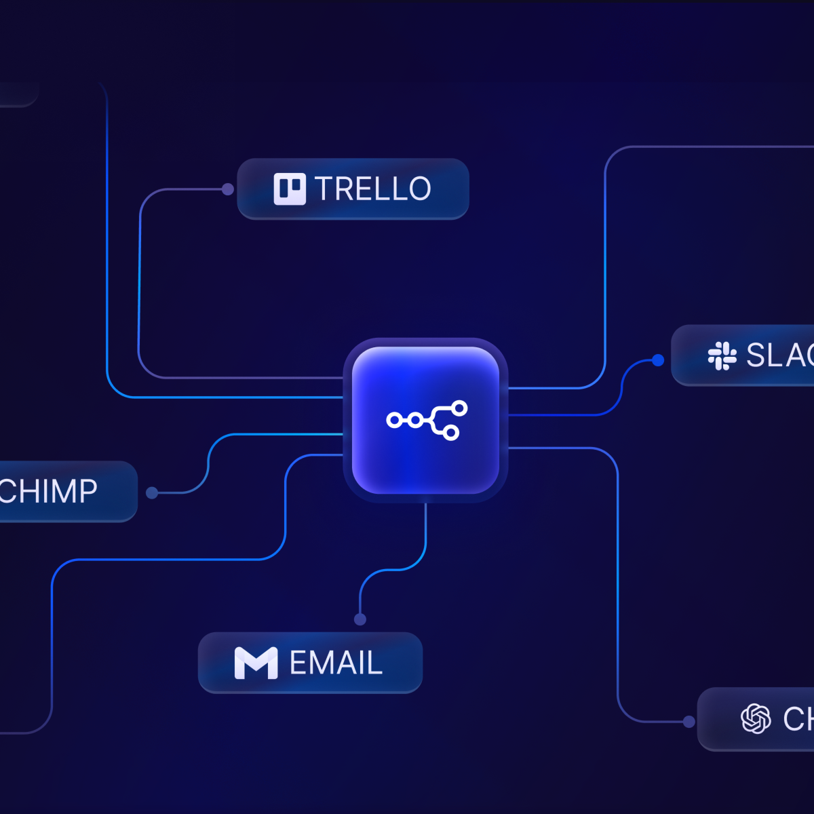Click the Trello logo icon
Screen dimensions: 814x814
pyautogui.click(x=290, y=189)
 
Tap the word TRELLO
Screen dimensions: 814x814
pyautogui.click(x=372, y=189)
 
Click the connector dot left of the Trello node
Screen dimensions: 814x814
pyautogui.click(x=228, y=189)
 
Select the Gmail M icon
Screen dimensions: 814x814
pyautogui.click(x=256, y=663)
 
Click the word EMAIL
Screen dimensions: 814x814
pyautogui.click(x=336, y=663)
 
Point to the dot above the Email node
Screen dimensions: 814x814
pyautogui.click(x=360, y=619)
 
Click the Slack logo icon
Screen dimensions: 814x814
pyautogui.click(x=722, y=355)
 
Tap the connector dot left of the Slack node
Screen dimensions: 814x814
pyautogui.click(x=657, y=360)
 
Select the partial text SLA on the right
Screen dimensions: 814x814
pyautogui.click(x=779, y=355)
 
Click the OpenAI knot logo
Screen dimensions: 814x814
pyautogui.click(x=756, y=719)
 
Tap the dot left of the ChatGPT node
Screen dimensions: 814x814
pyautogui.click(x=689, y=722)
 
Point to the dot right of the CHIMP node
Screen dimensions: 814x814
pyautogui.click(x=152, y=493)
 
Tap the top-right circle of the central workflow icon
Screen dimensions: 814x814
pyautogui.click(x=460, y=408)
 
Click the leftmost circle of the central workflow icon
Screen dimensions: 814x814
pyautogui.click(x=393, y=421)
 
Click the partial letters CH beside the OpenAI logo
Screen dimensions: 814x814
pyautogui.click(x=798, y=719)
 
